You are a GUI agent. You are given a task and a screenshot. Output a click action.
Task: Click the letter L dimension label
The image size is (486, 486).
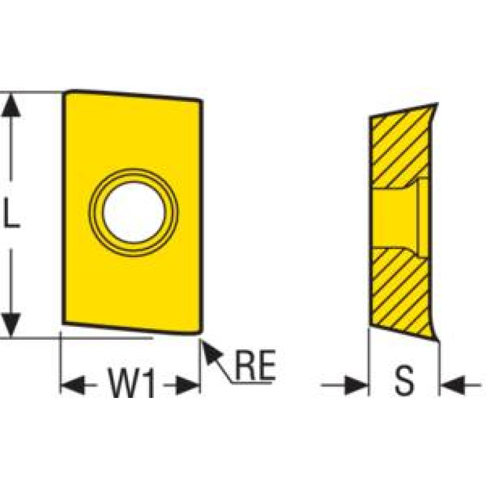pyautogui.click(x=11, y=213)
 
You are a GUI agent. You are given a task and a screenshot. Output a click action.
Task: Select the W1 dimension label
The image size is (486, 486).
pyautogui.click(x=131, y=382)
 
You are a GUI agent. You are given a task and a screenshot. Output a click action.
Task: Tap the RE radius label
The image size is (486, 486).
pyautogui.click(x=255, y=365)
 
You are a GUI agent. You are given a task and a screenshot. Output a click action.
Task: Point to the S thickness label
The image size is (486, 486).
pyautogui.click(x=404, y=380)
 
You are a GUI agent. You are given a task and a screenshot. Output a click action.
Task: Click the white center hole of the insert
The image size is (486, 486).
pyautogui.click(x=134, y=212)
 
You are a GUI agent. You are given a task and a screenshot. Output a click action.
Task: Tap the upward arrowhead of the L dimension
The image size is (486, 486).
pyautogui.click(x=11, y=105)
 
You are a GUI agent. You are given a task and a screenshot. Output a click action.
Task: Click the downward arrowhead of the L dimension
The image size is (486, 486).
pyautogui.click(x=11, y=324)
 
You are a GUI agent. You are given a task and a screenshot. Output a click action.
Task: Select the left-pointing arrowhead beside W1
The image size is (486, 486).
pyautogui.click(x=73, y=385)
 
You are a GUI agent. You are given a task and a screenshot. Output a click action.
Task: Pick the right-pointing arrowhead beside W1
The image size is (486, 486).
pyautogui.click(x=188, y=385)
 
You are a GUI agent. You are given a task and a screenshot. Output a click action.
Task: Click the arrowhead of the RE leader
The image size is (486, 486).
pyautogui.click(x=212, y=352)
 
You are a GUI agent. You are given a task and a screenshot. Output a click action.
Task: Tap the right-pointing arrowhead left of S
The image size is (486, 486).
pyautogui.click(x=356, y=385)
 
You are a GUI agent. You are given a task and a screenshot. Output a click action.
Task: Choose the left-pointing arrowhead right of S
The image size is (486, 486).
pyautogui.click(x=452, y=385)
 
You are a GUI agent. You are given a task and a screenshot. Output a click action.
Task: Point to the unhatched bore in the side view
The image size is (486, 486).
pyautogui.click(x=395, y=218)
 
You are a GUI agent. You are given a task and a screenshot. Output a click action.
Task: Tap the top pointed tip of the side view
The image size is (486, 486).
pyautogui.click(x=437, y=103)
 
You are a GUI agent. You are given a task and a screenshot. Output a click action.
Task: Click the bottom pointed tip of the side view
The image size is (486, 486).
pyautogui.click(x=438, y=341)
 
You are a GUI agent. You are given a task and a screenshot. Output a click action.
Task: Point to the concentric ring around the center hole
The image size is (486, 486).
pyautogui.click(x=134, y=172)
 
